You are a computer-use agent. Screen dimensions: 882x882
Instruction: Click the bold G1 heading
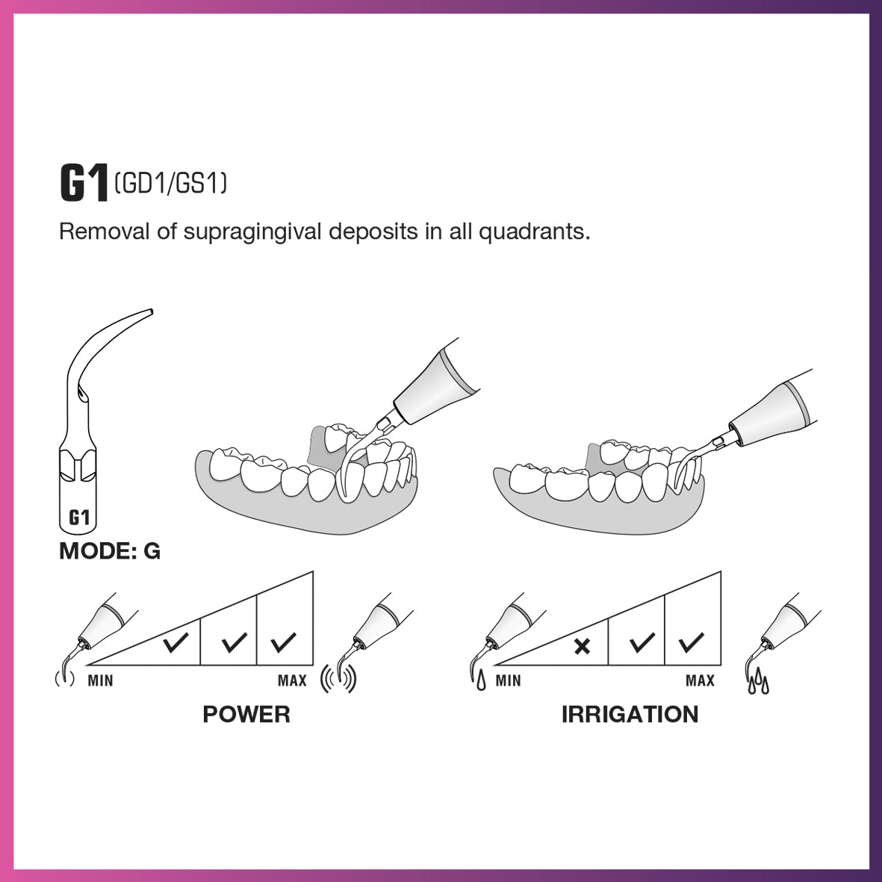click(x=83, y=183)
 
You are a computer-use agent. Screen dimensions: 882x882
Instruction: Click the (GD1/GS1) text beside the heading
click(x=171, y=183)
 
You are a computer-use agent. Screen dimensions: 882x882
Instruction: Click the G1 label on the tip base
click(x=79, y=518)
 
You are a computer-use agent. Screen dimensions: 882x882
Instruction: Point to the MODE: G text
click(x=110, y=551)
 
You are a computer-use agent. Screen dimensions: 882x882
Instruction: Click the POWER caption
click(x=246, y=714)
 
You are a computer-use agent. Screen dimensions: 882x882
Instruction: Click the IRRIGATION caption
click(x=630, y=714)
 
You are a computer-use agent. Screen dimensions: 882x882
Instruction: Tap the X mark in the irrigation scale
click(x=582, y=646)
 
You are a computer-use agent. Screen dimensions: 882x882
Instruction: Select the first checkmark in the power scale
click(x=176, y=642)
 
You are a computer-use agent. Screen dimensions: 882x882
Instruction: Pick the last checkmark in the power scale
click(x=284, y=642)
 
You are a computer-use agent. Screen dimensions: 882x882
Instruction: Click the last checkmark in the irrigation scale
click(x=692, y=642)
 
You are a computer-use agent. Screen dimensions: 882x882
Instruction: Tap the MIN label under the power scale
click(x=100, y=680)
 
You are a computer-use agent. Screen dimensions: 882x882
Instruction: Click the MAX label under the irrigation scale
click(x=700, y=680)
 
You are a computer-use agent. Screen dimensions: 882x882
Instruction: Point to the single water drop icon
click(x=480, y=681)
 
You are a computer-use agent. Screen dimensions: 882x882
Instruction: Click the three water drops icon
click(x=758, y=681)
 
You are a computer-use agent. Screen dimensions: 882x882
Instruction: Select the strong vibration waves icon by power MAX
click(x=338, y=678)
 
